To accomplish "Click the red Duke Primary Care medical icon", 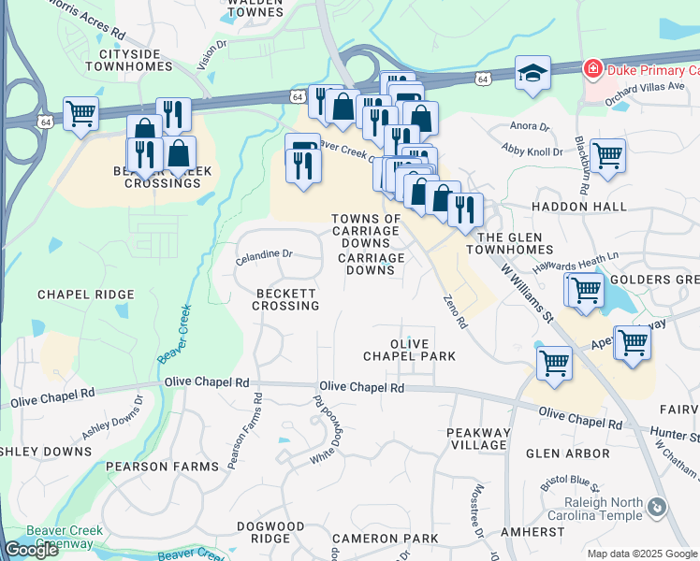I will click(591, 69).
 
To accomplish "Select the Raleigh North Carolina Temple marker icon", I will click(656, 507).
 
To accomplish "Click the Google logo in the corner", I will click(31, 550).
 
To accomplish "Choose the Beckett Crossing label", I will click(287, 299).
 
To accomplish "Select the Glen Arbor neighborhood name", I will click(568, 453).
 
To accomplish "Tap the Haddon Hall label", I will click(571, 207).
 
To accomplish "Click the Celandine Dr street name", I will click(264, 254).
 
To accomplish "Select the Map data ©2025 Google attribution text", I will click(642, 554).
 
